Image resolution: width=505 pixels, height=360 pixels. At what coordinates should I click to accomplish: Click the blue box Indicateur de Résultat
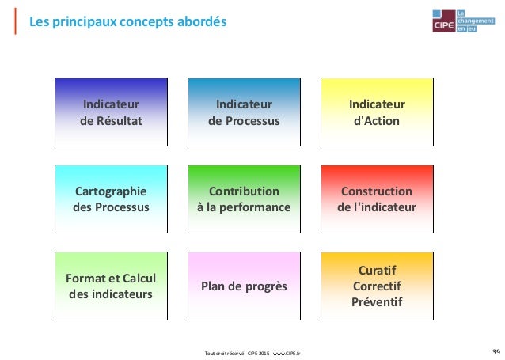(x=111, y=112)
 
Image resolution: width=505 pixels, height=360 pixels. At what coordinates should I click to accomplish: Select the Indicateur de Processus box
(x=244, y=112)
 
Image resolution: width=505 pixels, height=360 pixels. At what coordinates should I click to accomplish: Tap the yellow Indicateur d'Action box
(x=377, y=112)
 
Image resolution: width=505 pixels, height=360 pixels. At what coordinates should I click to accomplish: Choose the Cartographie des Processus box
(x=111, y=199)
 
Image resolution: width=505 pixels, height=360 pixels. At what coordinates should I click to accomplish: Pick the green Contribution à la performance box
(x=244, y=199)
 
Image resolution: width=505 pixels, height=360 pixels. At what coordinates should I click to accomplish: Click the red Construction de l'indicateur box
(x=377, y=199)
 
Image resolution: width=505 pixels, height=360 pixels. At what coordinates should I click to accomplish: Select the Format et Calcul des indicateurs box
(x=111, y=286)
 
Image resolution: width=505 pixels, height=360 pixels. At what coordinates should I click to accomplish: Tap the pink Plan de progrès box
(x=244, y=286)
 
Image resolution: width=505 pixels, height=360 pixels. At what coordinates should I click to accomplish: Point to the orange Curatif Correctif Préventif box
(x=377, y=286)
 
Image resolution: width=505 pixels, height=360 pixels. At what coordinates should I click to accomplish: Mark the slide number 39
(x=495, y=351)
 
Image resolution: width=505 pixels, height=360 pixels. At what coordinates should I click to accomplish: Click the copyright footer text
(x=258, y=352)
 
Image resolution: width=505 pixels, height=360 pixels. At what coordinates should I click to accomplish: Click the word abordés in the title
(x=201, y=21)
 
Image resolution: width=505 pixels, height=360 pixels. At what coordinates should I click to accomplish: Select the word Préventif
(x=378, y=303)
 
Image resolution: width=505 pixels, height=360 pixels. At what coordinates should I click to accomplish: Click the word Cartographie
(x=111, y=191)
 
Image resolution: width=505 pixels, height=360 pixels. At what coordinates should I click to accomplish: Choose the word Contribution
(x=244, y=191)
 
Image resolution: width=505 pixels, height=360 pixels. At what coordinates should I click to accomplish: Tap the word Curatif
(x=377, y=271)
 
